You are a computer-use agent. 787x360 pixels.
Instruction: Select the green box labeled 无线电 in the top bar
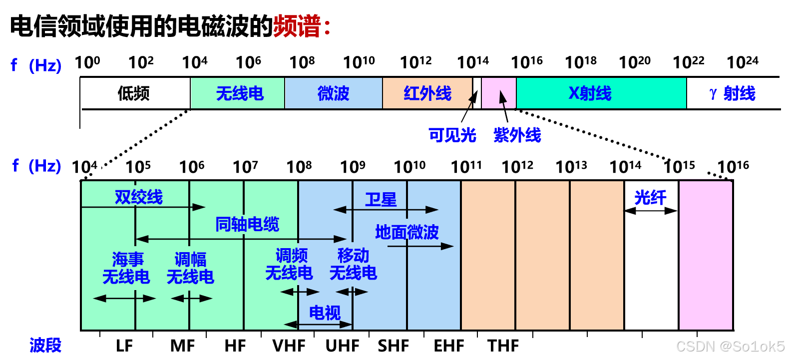pyautogui.click(x=238, y=93)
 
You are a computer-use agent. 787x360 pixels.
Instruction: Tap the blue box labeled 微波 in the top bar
pyautogui.click(x=334, y=93)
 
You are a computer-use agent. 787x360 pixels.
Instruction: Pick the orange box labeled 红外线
pyautogui.click(x=427, y=93)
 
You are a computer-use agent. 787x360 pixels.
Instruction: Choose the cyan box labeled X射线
pyautogui.click(x=601, y=93)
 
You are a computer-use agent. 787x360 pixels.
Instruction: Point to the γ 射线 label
pyautogui.click(x=733, y=93)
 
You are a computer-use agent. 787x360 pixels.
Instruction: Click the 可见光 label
pyautogui.click(x=452, y=135)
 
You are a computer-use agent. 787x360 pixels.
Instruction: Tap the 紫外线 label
pyautogui.click(x=517, y=135)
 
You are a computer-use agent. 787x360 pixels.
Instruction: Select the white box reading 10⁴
pyautogui.click(x=86, y=164)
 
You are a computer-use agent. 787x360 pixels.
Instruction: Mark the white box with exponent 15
pyautogui.click(x=688, y=165)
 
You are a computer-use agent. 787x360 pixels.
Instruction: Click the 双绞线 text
pyautogui.click(x=139, y=197)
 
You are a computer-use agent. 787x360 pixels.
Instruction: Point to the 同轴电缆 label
pyautogui.click(x=247, y=224)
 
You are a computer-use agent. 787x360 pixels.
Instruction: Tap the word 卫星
pyautogui.click(x=381, y=200)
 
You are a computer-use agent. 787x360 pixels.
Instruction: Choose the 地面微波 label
pyautogui.click(x=407, y=232)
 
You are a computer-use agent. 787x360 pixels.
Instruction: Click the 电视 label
pyautogui.click(x=325, y=313)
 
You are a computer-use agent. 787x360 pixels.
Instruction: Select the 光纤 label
pyautogui.click(x=650, y=198)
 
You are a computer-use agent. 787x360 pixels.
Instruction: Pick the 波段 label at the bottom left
pyautogui.click(x=45, y=345)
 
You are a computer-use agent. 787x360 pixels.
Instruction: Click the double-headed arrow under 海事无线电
pyautogui.click(x=124, y=299)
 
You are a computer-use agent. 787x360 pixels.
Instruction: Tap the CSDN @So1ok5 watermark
pyautogui.click(x=730, y=346)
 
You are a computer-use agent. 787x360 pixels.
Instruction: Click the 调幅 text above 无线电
pyautogui.click(x=190, y=259)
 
